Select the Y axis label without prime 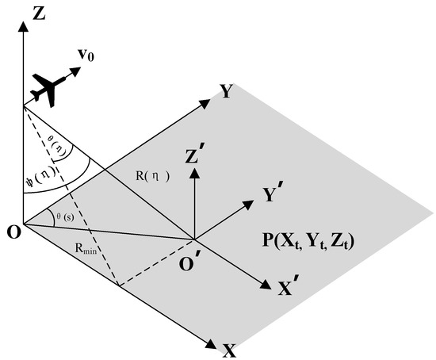click(227, 92)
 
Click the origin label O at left click(10, 231)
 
